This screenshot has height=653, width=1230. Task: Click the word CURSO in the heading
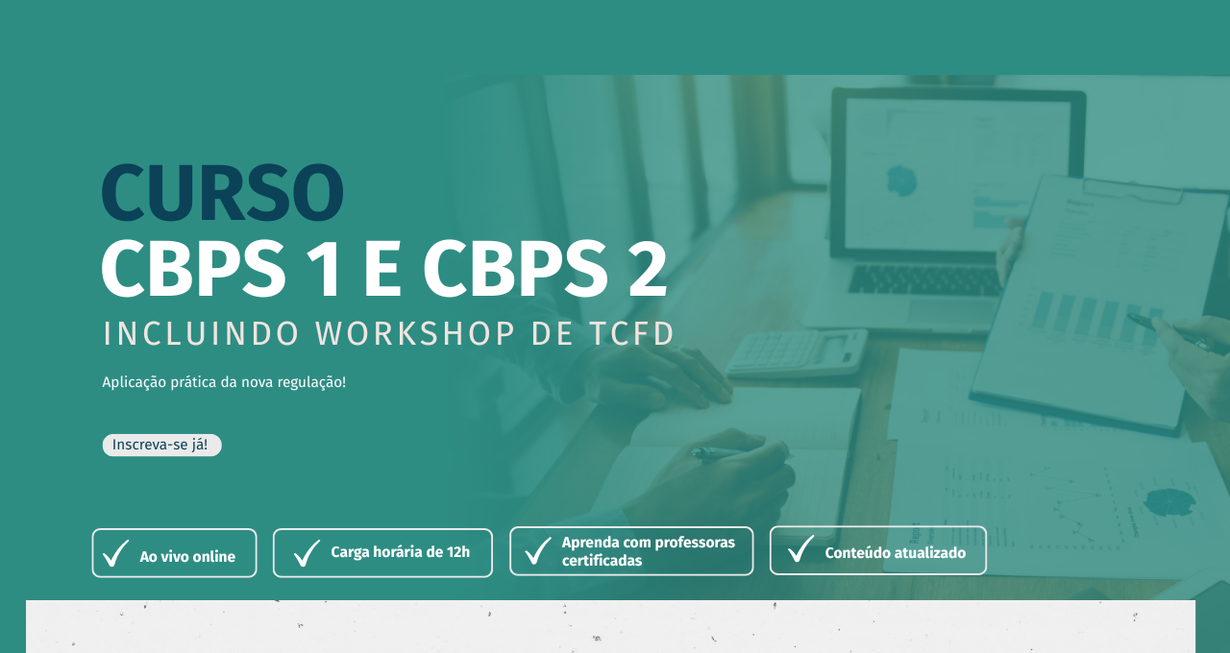pos(223,193)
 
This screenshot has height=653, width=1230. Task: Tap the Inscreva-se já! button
pos(162,445)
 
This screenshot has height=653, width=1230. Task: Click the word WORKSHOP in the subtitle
pos(415,333)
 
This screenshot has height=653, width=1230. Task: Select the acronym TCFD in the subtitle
pos(631,333)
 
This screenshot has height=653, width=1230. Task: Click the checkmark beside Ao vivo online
pos(116,552)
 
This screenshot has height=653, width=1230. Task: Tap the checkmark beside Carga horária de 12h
pos(307,552)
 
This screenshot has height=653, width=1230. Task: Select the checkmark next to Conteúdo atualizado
pos(801,548)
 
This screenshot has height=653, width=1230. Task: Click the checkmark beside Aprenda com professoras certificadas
pos(538,550)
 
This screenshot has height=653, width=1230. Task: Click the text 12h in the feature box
pos(458,552)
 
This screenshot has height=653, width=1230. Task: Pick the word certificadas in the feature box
pos(602,561)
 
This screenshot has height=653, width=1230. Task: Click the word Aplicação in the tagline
pos(134,382)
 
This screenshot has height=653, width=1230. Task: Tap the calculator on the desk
pos(798,352)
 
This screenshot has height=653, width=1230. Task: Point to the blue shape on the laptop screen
pos(901,181)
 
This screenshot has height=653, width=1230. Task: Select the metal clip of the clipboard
pos(1132,190)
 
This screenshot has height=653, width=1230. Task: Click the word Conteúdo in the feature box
pos(854,552)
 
